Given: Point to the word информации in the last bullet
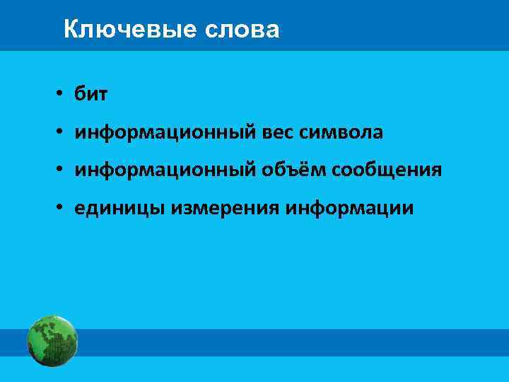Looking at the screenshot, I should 351,209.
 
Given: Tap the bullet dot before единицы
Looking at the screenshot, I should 62,209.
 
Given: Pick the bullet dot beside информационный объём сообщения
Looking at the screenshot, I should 62,171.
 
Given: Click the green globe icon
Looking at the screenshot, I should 52,341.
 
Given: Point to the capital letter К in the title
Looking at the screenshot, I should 70,30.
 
